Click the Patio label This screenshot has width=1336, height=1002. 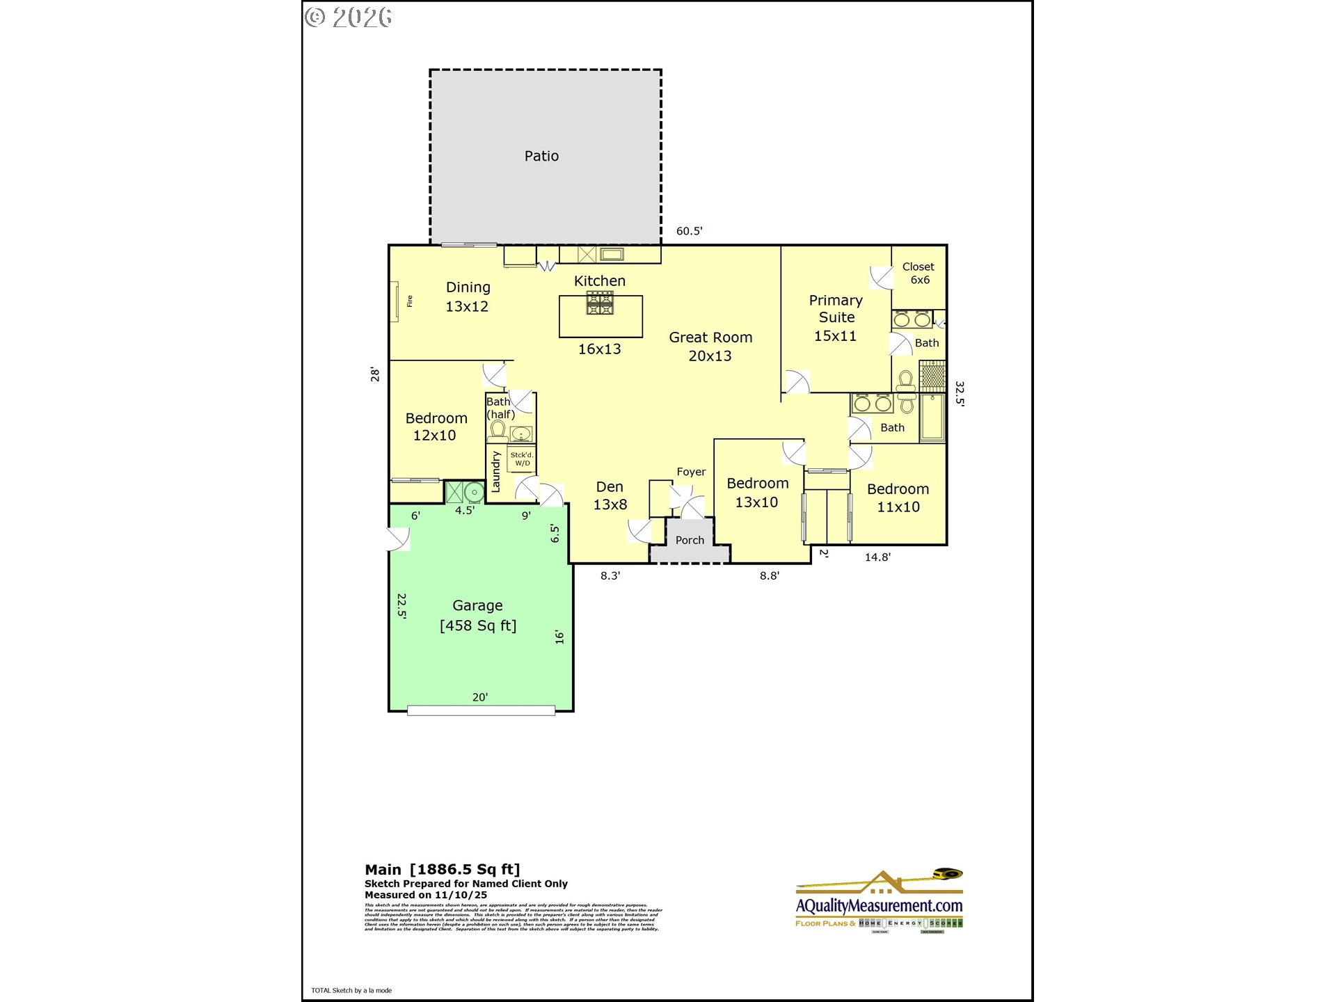(541, 156)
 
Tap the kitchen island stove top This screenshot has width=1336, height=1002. (600, 303)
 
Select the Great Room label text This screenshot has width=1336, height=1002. (710, 346)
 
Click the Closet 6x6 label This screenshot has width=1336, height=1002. (918, 273)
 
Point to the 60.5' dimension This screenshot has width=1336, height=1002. (689, 231)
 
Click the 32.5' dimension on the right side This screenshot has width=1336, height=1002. (960, 393)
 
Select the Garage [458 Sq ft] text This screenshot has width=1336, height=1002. (478, 615)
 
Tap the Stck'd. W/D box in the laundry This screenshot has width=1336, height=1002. (522, 459)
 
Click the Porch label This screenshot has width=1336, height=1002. (690, 540)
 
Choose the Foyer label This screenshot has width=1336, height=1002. (691, 472)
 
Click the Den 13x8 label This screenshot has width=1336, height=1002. (610, 495)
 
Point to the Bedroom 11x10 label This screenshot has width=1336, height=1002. (898, 498)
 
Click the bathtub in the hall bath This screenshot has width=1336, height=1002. (932, 417)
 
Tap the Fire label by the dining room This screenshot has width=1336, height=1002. (410, 301)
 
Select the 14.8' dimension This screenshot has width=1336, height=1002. (877, 557)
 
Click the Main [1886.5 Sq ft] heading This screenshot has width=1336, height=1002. (443, 869)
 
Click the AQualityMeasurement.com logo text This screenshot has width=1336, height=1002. (879, 906)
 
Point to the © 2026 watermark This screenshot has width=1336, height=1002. (349, 17)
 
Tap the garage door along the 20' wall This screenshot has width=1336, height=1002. (481, 710)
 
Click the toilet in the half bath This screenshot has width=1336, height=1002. (498, 429)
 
